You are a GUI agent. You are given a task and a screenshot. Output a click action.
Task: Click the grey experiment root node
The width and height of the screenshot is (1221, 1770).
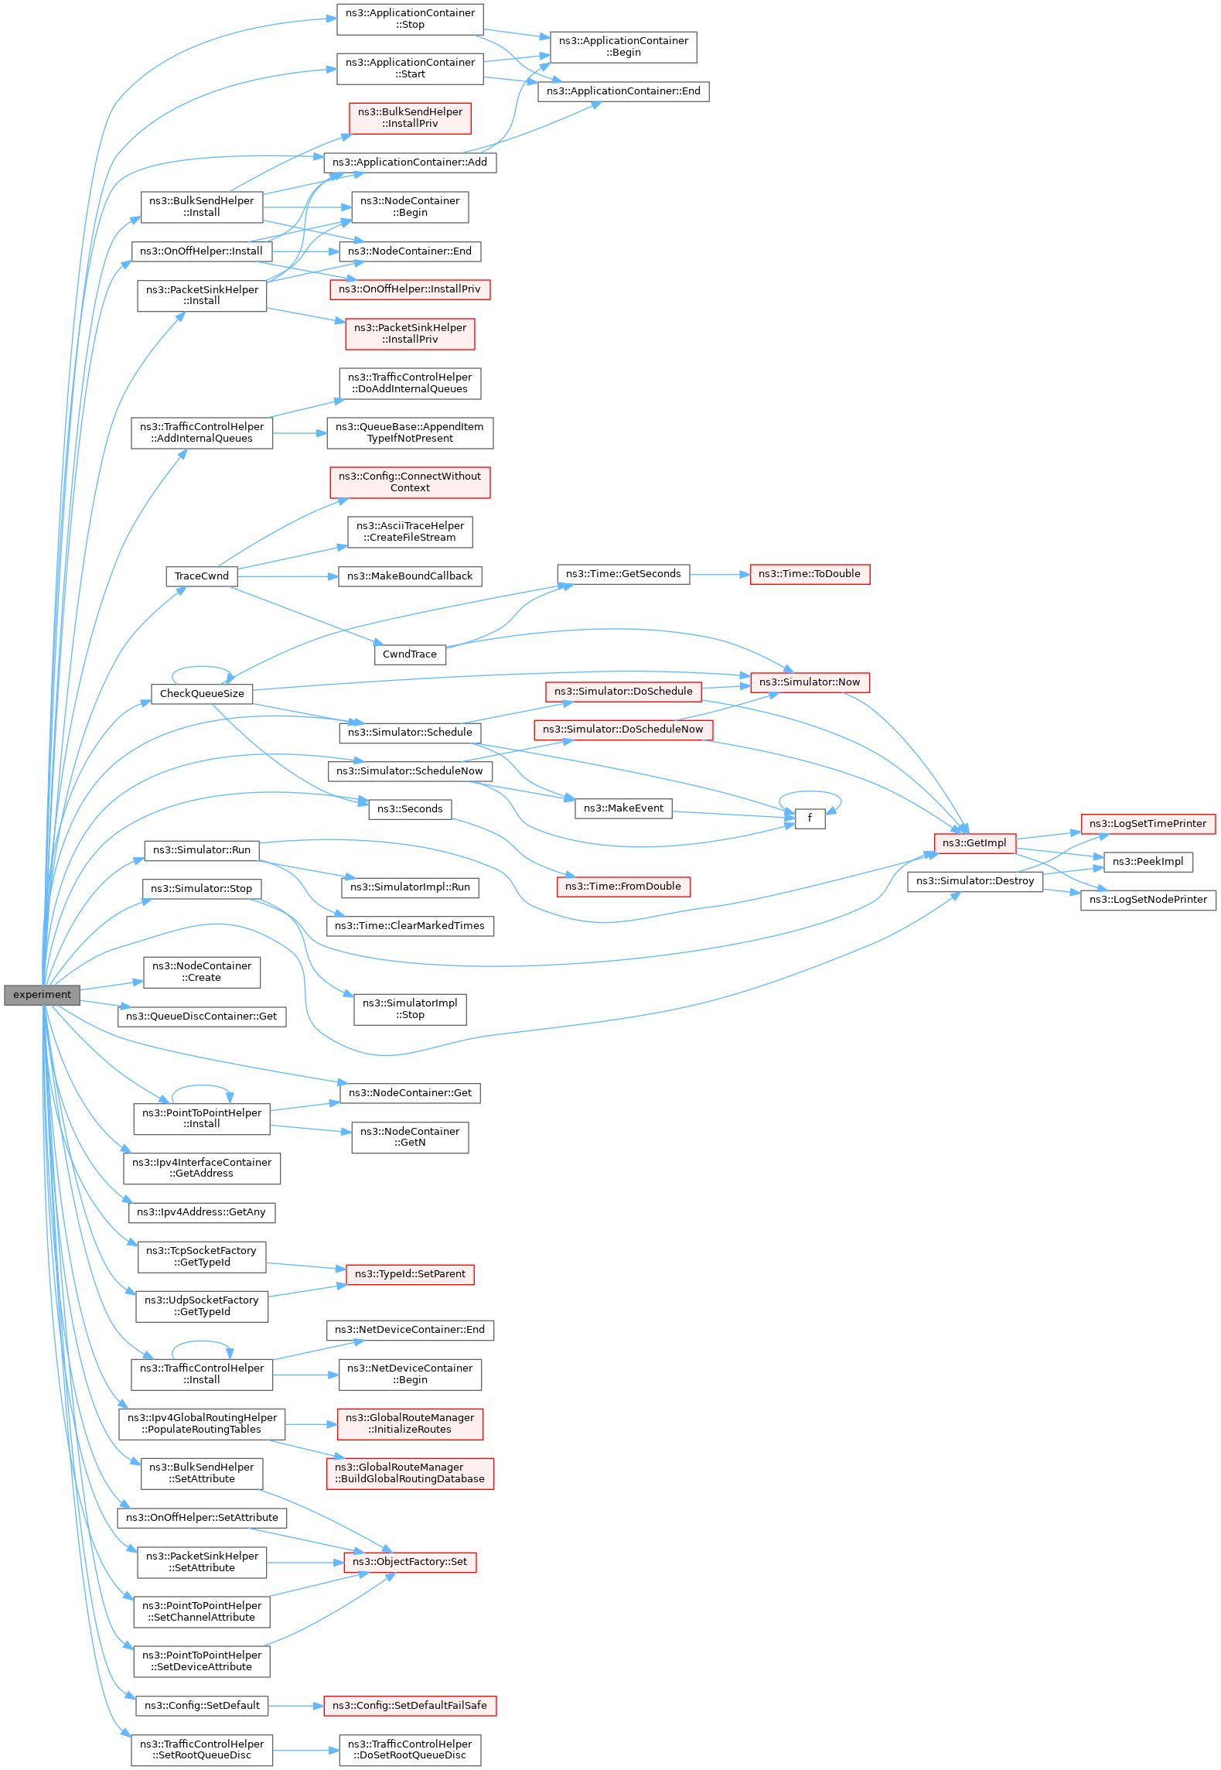42,995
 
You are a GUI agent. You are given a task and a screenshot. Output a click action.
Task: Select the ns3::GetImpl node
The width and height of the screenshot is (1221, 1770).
974,843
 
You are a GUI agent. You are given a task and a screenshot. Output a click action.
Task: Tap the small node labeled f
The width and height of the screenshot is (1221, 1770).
810,818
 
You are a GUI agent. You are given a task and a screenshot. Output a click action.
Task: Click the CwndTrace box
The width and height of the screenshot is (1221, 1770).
410,654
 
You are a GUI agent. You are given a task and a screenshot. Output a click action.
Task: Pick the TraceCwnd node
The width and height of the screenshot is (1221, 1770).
201,576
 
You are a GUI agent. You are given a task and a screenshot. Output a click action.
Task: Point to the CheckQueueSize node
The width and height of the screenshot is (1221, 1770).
202,694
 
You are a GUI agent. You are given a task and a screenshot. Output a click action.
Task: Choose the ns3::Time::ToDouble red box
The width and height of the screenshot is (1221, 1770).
810,574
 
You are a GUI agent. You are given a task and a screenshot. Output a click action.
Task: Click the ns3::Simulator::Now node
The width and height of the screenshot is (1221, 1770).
810,682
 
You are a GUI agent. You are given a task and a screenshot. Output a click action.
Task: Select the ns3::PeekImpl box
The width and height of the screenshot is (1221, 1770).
1148,862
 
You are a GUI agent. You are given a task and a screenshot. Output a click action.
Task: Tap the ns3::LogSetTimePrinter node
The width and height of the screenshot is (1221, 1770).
1148,824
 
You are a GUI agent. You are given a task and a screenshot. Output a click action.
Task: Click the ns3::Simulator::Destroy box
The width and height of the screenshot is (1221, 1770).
975,881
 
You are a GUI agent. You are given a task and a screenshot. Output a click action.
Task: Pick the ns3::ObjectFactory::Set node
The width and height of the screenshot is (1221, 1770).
410,1562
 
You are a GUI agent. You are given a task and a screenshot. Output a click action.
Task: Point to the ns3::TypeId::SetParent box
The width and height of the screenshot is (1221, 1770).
410,1274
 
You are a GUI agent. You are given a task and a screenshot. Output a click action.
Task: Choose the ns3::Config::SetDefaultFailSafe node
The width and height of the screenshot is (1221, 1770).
410,1706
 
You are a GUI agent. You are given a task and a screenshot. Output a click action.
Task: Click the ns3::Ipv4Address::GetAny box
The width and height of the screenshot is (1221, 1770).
201,1212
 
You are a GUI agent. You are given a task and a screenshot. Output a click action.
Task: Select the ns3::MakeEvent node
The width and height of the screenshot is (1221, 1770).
623,808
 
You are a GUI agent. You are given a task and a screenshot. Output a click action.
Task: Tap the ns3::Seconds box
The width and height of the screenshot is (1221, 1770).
410,809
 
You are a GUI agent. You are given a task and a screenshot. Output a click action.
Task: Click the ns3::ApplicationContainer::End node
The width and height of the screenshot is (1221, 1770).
623,91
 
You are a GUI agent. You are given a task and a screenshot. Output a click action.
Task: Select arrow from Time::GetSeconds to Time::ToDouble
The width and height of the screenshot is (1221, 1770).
719,575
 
